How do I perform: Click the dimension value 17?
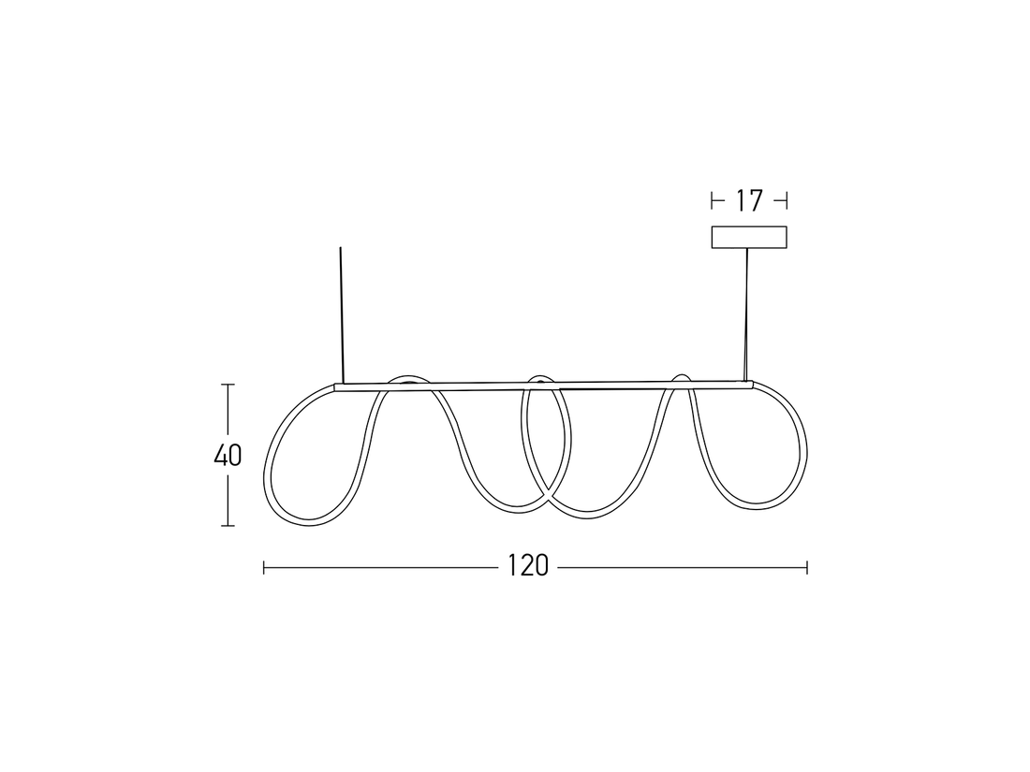click(x=749, y=199)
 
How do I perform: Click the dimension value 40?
click(x=228, y=455)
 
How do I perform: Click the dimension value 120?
click(x=528, y=566)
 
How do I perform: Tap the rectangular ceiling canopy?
click(x=749, y=238)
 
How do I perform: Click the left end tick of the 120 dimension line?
click(x=264, y=566)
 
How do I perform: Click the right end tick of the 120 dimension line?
click(x=807, y=566)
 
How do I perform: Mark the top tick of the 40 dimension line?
click(x=228, y=385)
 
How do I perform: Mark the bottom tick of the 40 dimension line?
click(x=228, y=526)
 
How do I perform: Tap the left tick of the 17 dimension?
click(x=713, y=199)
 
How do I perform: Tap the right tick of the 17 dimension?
click(x=787, y=199)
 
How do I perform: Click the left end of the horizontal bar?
click(x=337, y=386)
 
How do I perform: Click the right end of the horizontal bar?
click(x=751, y=382)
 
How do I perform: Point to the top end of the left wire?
click(x=341, y=248)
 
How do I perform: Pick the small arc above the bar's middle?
click(x=538, y=378)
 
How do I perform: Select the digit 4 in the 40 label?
click(x=220, y=455)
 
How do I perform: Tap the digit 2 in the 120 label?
click(x=527, y=566)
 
